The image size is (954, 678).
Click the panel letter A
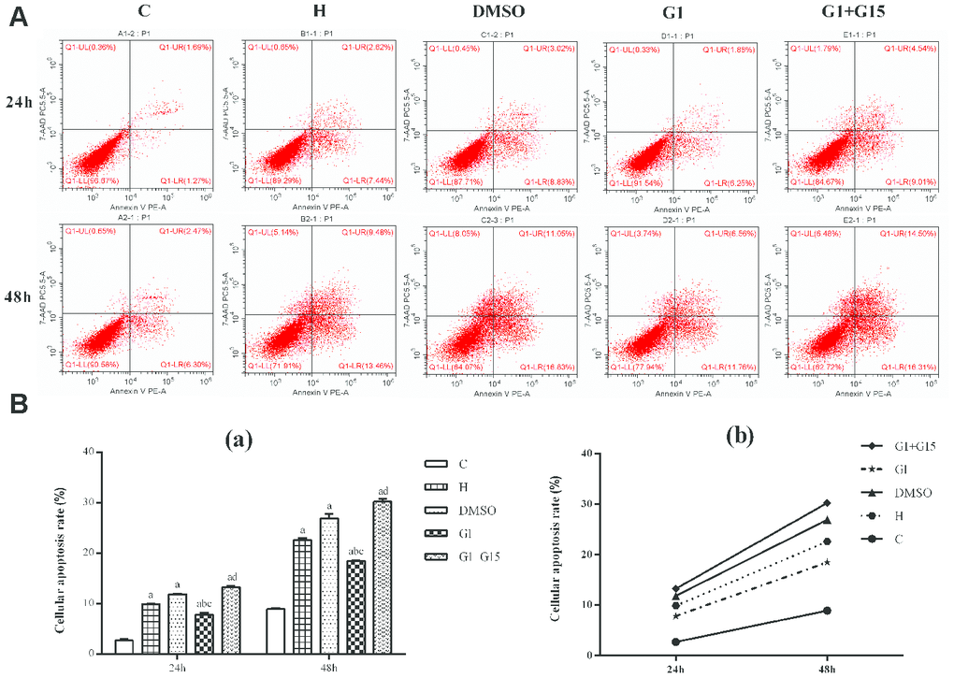[17, 19]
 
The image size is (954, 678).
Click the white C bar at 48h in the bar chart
[275, 630]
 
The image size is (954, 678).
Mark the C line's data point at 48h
[826, 611]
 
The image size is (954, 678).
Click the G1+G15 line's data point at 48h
[826, 503]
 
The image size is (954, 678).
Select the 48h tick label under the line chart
[826, 670]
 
